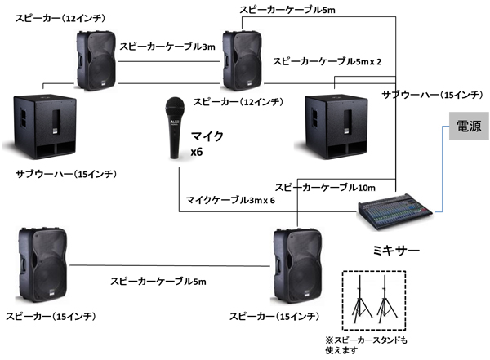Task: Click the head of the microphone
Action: pos(174,106)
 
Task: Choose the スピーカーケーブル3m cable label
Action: pos(168,48)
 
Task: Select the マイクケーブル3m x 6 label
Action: pos(232,200)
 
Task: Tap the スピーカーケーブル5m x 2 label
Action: pos(327,61)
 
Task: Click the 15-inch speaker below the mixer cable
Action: pos(298,265)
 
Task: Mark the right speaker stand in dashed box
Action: pos(386,302)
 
